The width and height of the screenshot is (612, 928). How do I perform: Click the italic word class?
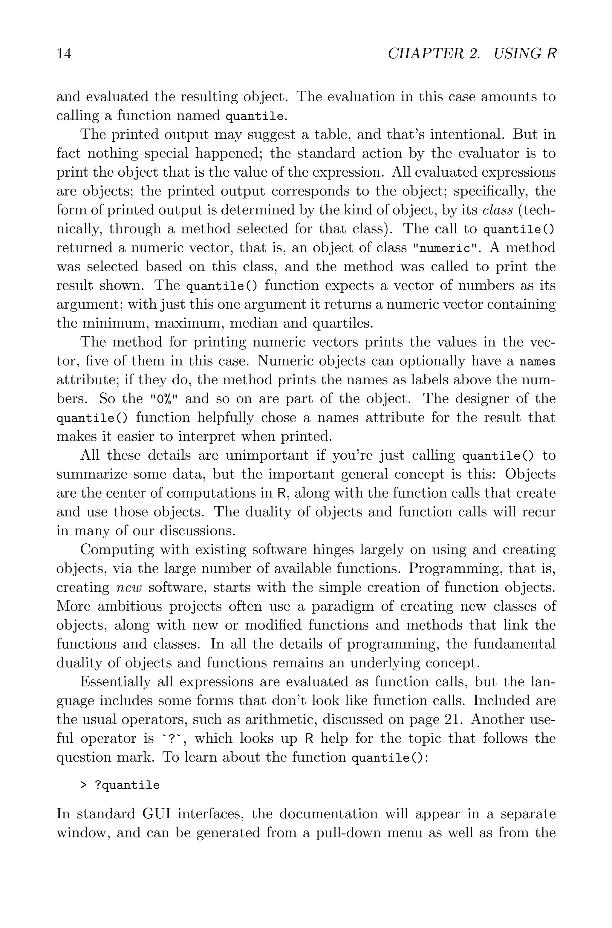point(497,210)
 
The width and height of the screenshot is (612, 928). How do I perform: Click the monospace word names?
point(537,362)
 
